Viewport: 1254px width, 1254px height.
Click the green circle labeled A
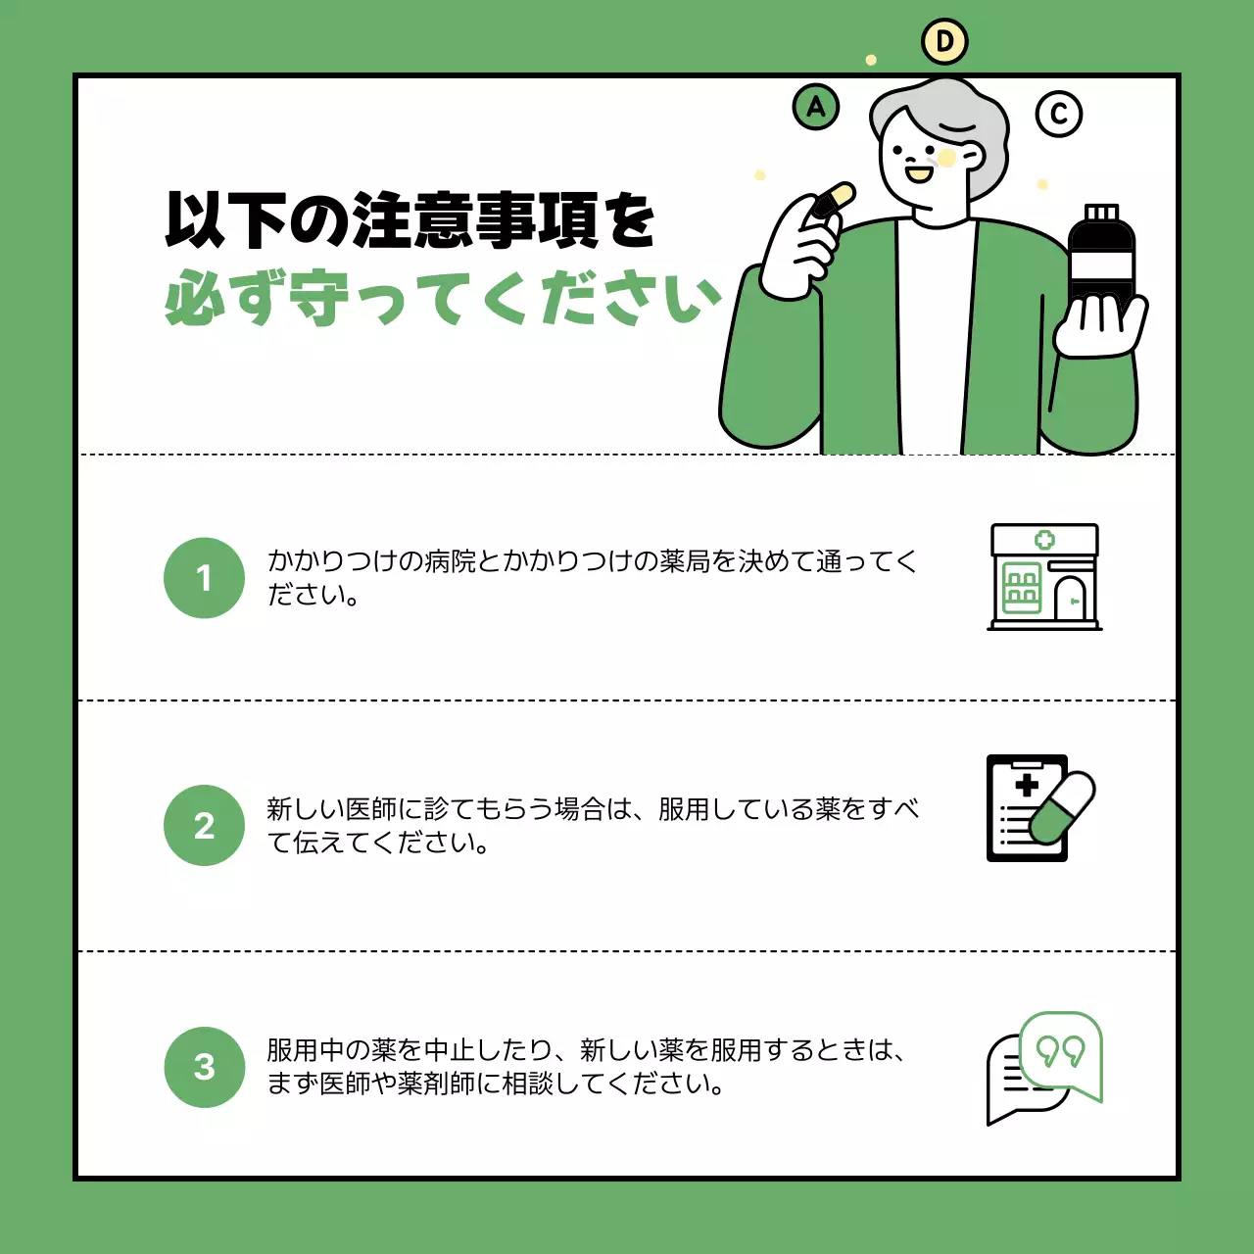pos(816,107)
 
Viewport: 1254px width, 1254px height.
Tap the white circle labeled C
pos(1059,114)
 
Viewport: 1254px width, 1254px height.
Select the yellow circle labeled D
pos(944,42)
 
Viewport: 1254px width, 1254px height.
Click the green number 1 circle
pos(204,578)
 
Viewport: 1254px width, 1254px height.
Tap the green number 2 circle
pos(204,825)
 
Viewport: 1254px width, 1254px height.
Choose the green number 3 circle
pos(204,1067)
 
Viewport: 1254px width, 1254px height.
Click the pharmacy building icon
pos(1044,577)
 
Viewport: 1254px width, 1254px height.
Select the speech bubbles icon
pos(1044,1069)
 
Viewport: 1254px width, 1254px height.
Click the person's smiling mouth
pos(919,174)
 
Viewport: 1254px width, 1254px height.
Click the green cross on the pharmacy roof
pos(1044,540)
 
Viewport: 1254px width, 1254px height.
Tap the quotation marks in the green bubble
pos(1060,1051)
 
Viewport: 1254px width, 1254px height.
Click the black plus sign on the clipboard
pos(1027,785)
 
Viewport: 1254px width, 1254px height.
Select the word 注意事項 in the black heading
pos(475,219)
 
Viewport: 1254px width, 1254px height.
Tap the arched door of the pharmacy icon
pos(1070,600)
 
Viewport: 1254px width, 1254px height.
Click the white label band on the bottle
pos(1100,265)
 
